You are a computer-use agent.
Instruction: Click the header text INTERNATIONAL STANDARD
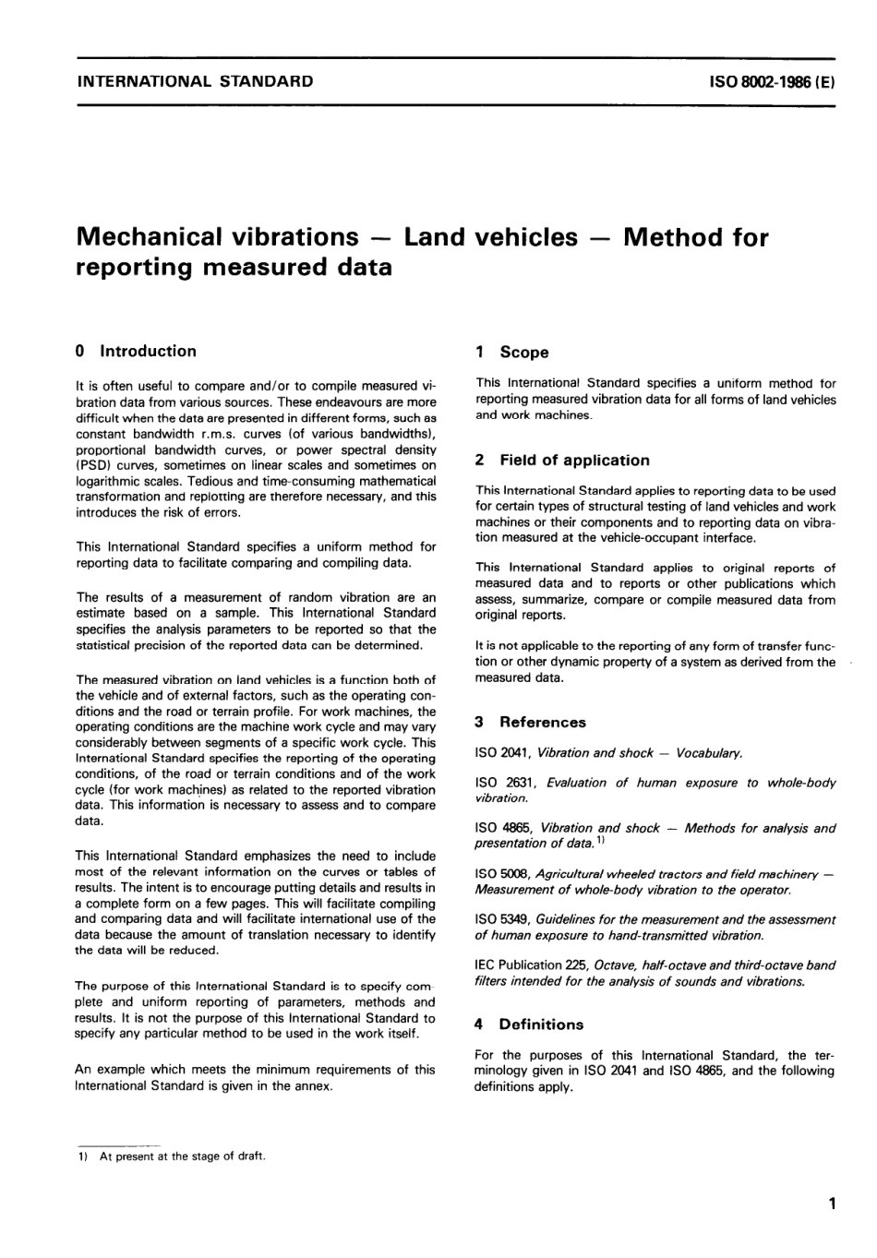point(194,81)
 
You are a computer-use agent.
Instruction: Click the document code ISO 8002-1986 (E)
point(772,81)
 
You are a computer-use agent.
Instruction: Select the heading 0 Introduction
point(136,351)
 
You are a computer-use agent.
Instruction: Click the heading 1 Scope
point(511,352)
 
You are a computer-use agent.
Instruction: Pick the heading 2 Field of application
point(562,460)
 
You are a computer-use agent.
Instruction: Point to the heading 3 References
point(531,722)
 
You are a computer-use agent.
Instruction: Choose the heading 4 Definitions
point(529,1024)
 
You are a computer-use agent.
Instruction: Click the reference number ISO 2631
point(502,783)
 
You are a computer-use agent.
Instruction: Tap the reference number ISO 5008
point(501,873)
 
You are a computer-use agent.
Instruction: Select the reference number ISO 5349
point(501,919)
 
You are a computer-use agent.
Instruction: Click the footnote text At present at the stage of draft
point(182,1156)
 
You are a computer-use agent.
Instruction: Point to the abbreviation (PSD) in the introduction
point(93,466)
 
